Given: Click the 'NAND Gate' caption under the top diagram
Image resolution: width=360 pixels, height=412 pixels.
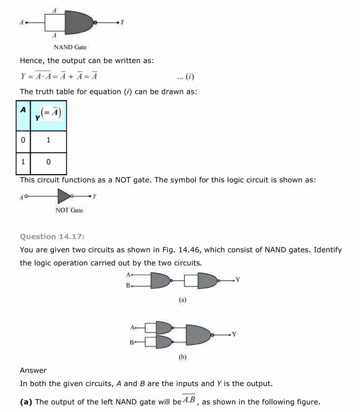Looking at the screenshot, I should pos(70,47).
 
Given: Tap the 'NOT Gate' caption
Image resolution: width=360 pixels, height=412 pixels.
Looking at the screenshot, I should pos(69,210).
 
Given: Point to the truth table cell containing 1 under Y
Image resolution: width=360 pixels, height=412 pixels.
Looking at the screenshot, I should pos(49,140).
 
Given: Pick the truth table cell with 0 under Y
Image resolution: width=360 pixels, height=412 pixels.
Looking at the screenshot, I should pos(49,162).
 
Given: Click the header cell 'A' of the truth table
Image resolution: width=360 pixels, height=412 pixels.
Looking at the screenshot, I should pos(23,110).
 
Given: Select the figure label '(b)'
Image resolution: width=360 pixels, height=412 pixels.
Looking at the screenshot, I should pos(182,356).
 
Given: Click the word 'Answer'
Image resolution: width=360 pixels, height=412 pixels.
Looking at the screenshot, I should pos(33,370).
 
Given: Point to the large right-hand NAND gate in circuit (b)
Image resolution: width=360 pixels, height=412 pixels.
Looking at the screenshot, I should pos(199,334).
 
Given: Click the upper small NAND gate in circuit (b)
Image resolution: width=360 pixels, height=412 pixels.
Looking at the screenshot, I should pos(164,327).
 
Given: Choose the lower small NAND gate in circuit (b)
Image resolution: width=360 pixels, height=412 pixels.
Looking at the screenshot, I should pos(164,341).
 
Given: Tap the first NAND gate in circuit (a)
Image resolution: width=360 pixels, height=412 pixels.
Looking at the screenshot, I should pos(160,280).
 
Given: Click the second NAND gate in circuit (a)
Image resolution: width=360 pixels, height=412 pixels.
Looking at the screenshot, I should pos(207,280).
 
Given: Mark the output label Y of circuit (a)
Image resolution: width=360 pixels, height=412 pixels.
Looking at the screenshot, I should pos(237,279).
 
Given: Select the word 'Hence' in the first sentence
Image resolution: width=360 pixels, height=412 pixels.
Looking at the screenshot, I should pos(31,61).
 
